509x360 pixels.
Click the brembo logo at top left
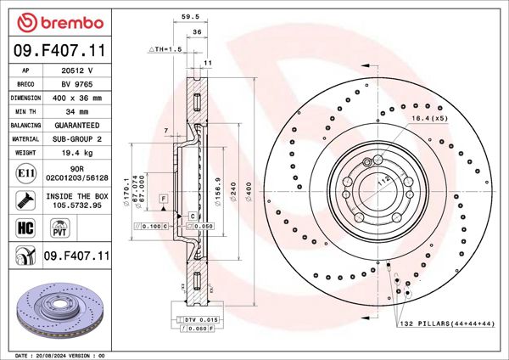tap(56, 20)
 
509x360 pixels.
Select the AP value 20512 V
tap(79, 71)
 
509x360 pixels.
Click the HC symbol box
tap(25, 228)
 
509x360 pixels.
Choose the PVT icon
tap(60, 228)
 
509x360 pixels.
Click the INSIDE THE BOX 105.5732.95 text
tap(79, 200)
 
